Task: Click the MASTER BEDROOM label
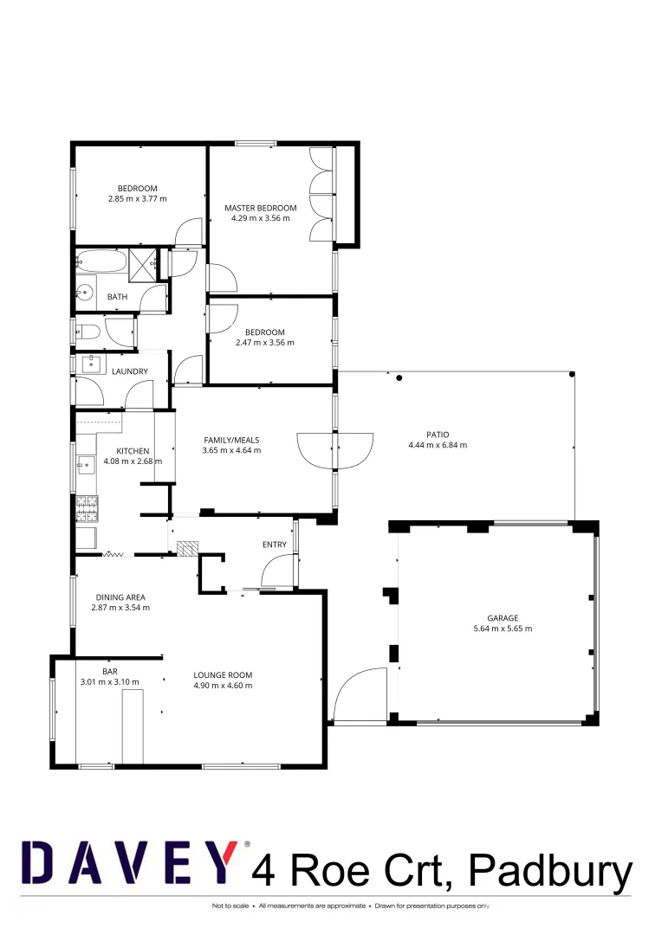(x=260, y=208)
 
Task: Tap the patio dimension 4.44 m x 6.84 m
(x=437, y=446)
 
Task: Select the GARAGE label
(x=490, y=617)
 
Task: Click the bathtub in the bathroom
(x=101, y=261)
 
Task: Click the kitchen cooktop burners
(x=88, y=508)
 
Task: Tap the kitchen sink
(x=86, y=467)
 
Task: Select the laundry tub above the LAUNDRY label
(x=91, y=363)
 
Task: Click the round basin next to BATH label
(x=85, y=292)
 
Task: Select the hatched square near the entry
(x=187, y=547)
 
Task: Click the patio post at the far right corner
(x=572, y=374)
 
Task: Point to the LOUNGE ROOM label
(x=223, y=675)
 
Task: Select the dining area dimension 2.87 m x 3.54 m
(x=120, y=608)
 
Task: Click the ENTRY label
(x=275, y=545)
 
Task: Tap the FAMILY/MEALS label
(x=231, y=440)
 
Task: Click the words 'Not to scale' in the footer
(x=229, y=906)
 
